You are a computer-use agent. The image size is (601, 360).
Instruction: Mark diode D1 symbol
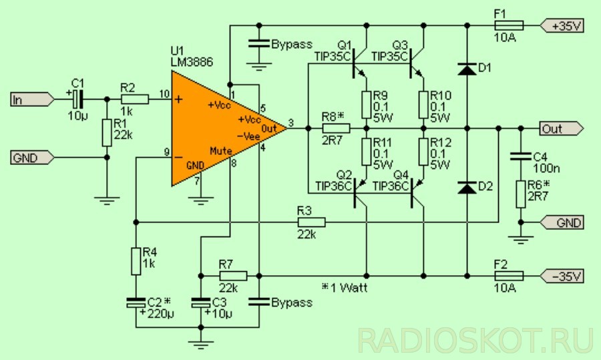[x=467, y=68]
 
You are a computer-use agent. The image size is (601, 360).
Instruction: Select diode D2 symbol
[x=467, y=187]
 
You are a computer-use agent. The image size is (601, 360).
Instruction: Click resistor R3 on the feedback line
[x=311, y=222]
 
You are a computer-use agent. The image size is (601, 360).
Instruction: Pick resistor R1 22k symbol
[x=107, y=132]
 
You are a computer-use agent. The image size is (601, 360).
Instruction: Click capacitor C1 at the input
[x=77, y=100]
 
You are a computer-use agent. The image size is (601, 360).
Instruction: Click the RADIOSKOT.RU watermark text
[x=475, y=340]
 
